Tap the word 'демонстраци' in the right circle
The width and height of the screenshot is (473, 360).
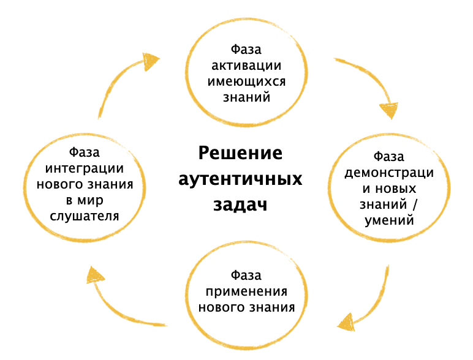(x=389, y=173)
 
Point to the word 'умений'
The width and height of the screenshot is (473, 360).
(x=389, y=220)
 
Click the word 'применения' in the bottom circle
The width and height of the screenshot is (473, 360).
(x=246, y=290)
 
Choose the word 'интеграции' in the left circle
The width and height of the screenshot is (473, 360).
(x=85, y=168)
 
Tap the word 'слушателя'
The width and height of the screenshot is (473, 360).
(x=85, y=216)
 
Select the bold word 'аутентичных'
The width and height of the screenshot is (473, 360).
(x=240, y=179)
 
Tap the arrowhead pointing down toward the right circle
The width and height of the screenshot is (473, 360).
(x=389, y=111)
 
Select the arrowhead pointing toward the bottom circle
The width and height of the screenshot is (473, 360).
(x=347, y=321)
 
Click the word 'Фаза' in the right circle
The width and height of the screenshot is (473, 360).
(x=389, y=157)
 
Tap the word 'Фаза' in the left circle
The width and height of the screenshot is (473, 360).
(x=85, y=152)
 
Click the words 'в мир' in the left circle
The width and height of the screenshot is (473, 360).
(x=85, y=200)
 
